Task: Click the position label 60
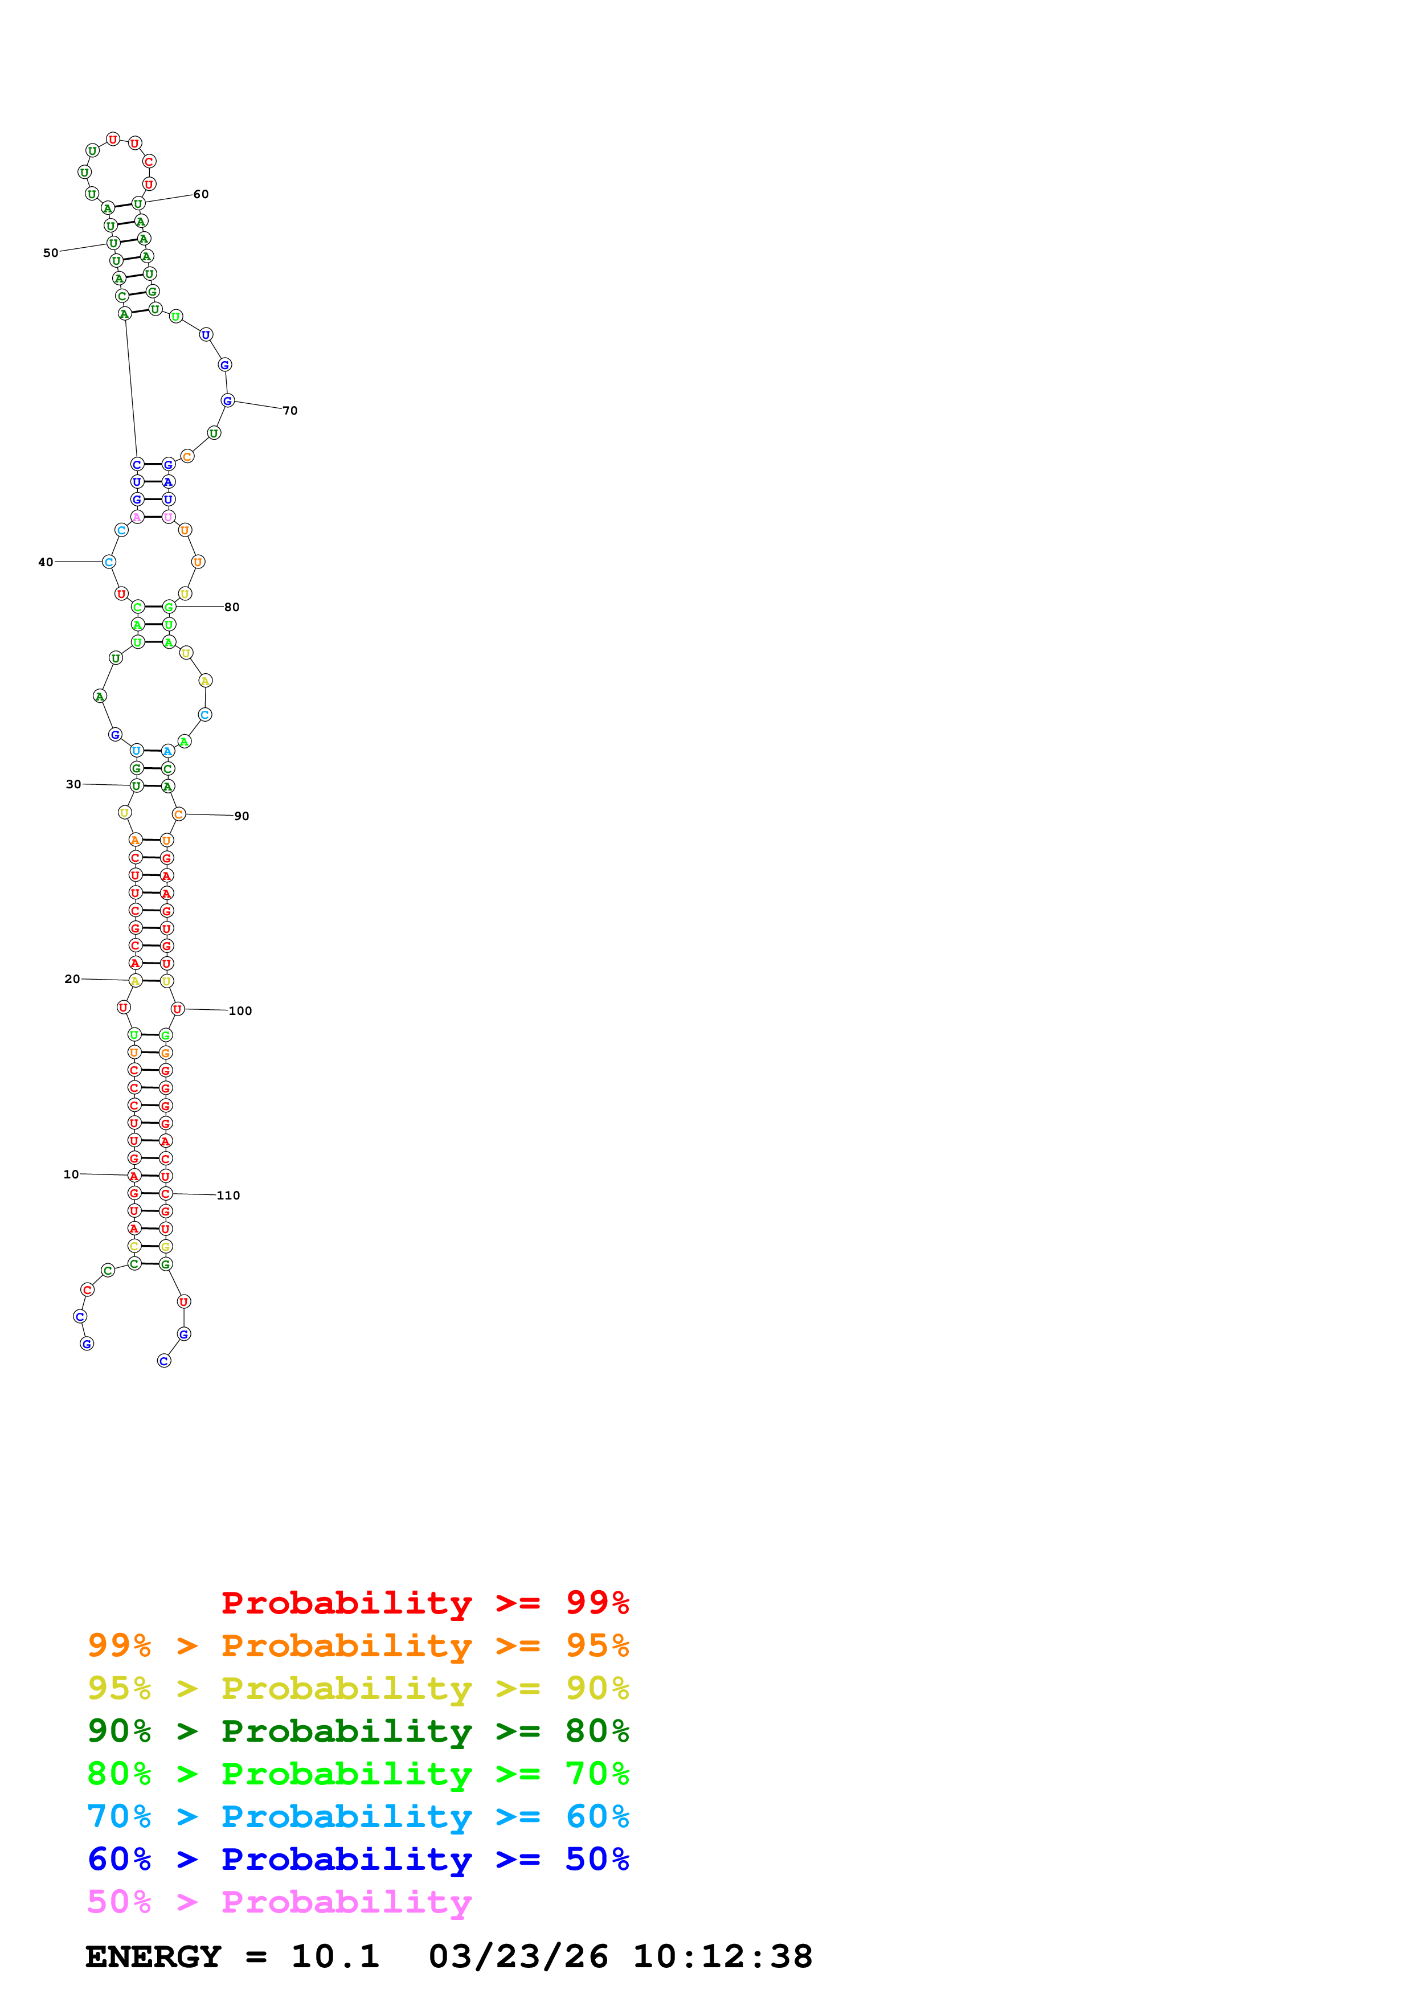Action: point(201,194)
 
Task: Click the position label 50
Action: point(51,253)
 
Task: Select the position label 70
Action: point(290,411)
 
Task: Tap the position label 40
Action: point(45,562)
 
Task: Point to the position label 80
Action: point(231,607)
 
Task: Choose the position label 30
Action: point(73,784)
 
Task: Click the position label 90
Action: point(241,816)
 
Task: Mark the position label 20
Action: point(72,979)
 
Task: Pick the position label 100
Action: point(240,1011)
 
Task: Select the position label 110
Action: point(228,1195)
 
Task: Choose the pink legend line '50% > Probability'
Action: point(279,1901)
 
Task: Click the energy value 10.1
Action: point(335,1956)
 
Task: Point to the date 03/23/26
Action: point(518,1956)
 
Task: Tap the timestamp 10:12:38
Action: point(722,1956)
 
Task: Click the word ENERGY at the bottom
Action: point(153,1956)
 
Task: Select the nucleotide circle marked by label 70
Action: point(227,400)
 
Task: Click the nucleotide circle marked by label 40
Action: point(109,562)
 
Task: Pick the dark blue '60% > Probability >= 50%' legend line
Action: point(358,1859)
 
